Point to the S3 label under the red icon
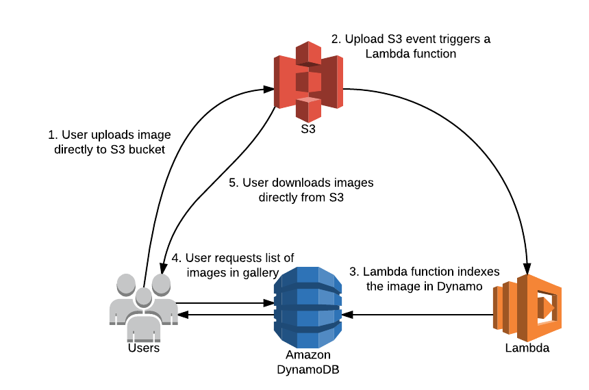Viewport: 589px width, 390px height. (x=308, y=128)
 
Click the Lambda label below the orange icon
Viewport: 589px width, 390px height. (x=527, y=348)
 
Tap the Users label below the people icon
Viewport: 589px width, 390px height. (x=143, y=348)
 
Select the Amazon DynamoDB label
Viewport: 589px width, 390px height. (x=308, y=363)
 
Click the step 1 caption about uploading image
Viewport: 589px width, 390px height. (x=110, y=142)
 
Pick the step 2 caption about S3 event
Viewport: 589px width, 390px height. (x=411, y=46)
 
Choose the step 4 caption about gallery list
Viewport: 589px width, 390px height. (x=233, y=265)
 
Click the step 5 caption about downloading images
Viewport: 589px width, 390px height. (x=301, y=191)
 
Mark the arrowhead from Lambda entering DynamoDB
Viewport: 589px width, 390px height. (x=347, y=315)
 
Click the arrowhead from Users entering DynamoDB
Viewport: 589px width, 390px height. (x=269, y=302)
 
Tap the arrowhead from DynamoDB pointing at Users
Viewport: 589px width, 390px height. (x=183, y=315)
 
